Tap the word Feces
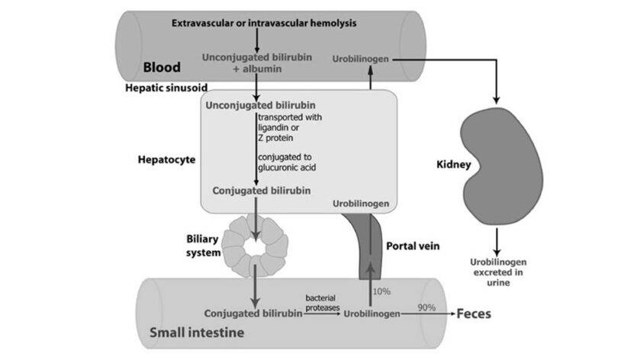[x=473, y=313]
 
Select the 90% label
[x=427, y=307]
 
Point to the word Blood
[x=162, y=67]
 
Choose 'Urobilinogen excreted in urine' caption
[x=497, y=272]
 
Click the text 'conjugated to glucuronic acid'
[x=286, y=162]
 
